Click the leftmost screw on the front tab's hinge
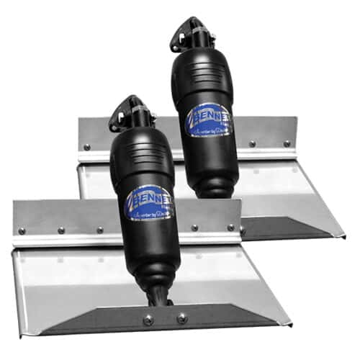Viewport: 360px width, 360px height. click(22, 231)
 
